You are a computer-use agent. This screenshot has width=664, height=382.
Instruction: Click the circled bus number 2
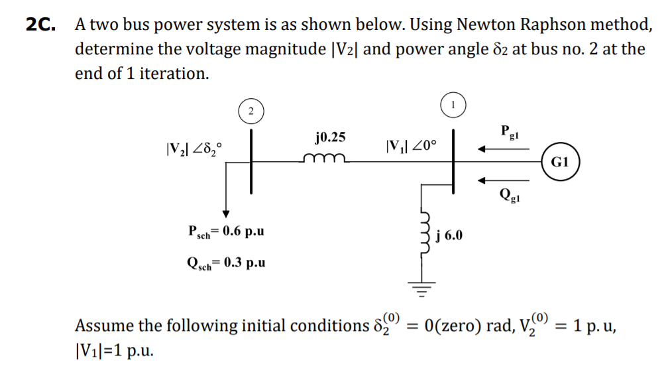point(250,111)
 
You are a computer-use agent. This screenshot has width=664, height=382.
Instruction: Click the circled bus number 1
point(453,104)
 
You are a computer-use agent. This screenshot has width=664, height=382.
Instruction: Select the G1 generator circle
point(560,162)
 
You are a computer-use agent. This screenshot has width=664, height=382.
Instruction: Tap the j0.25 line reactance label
point(329,137)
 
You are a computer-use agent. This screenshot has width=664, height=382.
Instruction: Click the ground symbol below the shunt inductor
point(422,286)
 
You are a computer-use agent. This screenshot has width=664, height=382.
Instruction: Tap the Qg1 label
point(510,196)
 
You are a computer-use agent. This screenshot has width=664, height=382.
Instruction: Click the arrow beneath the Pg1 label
point(504,149)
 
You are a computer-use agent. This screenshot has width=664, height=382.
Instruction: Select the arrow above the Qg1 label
point(504,178)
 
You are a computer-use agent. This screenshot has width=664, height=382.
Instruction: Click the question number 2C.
point(41,25)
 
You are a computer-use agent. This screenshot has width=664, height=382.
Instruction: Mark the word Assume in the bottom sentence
point(103,326)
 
